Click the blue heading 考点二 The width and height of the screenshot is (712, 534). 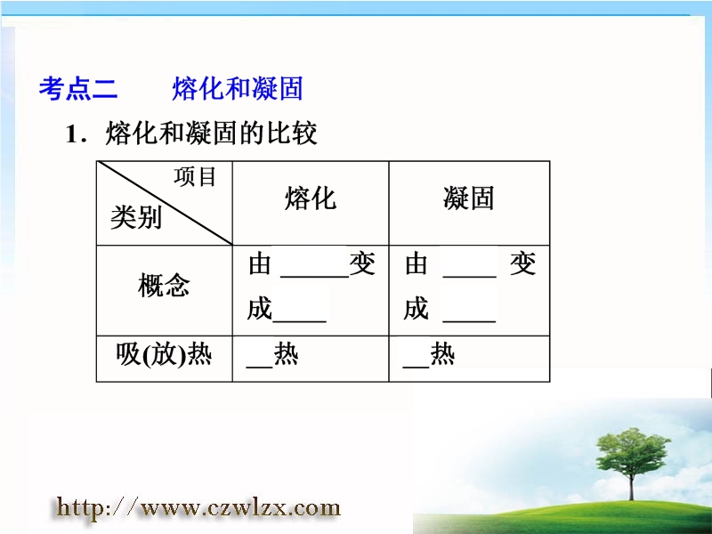(78, 88)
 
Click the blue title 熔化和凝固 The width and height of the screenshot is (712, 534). (238, 88)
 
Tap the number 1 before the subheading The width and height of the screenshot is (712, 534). (72, 134)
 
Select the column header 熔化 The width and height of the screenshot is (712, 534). (311, 198)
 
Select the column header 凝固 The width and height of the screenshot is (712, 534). (469, 198)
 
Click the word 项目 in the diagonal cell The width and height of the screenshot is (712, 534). (195, 176)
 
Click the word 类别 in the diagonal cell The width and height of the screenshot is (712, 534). (136, 217)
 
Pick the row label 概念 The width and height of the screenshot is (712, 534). (164, 285)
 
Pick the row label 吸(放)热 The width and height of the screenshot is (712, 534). (164, 354)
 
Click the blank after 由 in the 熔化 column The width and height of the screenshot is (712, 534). (315, 275)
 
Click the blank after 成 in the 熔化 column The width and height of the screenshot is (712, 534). (299, 320)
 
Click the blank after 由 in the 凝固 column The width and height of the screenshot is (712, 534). (470, 275)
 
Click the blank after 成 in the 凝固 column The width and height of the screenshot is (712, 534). (469, 320)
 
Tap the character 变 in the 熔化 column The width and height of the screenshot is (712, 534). (362, 263)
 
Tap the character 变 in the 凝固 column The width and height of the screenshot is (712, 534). (522, 263)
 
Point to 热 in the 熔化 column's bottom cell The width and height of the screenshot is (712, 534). (286, 353)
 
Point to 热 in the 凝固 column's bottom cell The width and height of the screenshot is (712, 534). (442, 353)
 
